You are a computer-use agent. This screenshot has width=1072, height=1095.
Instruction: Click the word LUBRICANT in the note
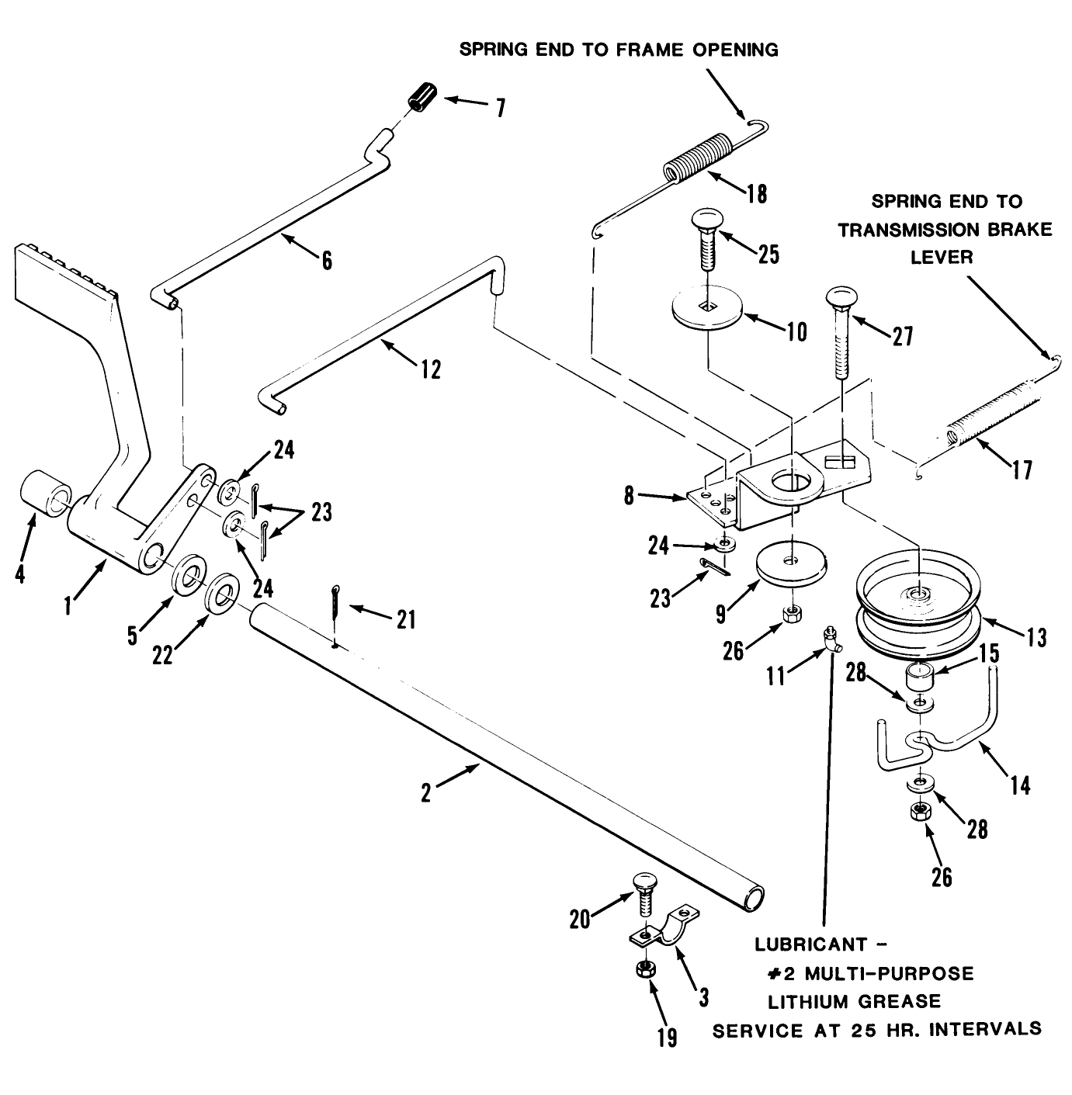[810, 946]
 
